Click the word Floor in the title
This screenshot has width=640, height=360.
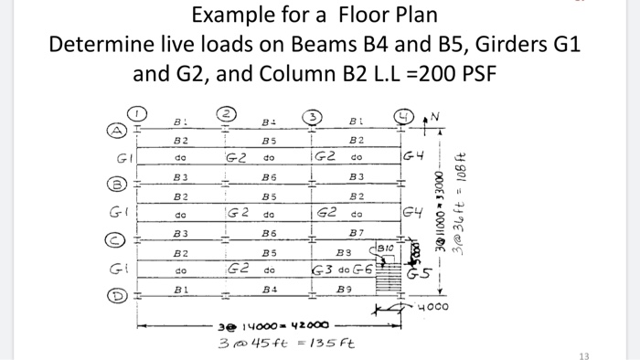334,16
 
